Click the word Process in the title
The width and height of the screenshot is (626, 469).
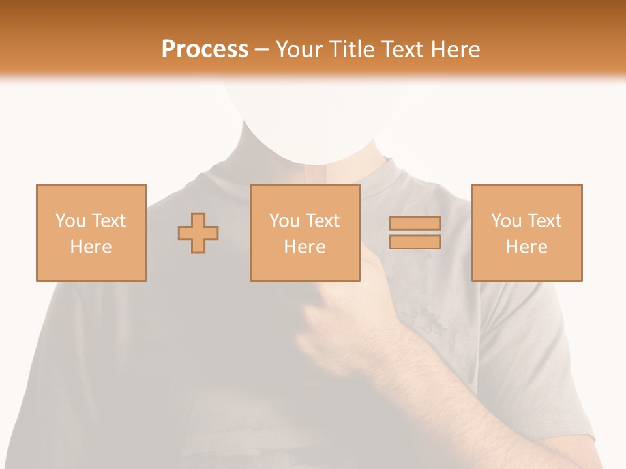point(205,50)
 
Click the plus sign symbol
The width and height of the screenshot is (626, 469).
point(198,233)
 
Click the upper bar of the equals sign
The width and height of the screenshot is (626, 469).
point(415,223)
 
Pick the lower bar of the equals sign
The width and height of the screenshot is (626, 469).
point(415,242)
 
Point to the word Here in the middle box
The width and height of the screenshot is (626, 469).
point(305,247)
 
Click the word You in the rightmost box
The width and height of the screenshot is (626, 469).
point(506,221)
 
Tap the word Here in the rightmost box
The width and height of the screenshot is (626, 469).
point(526,247)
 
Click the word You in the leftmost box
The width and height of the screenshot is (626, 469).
point(70,221)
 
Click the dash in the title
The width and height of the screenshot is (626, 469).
point(262,50)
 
